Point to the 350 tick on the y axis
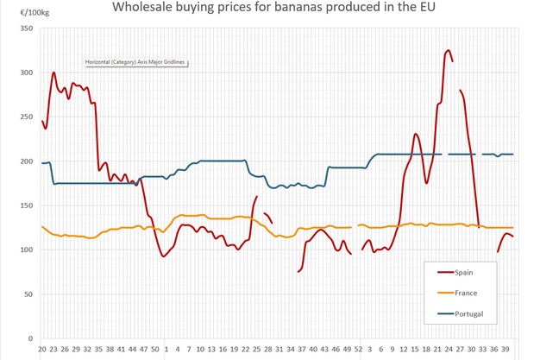(26, 29)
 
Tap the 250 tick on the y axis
(26, 117)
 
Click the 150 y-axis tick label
(26, 206)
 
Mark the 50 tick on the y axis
(28, 294)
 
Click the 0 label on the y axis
(30, 338)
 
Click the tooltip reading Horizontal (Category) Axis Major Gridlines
(135, 62)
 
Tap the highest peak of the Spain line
(449, 51)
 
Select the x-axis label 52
(358, 350)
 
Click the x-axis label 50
(154, 350)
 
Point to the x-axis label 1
(166, 350)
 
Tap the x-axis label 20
(41, 350)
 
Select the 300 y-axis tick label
(26, 73)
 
